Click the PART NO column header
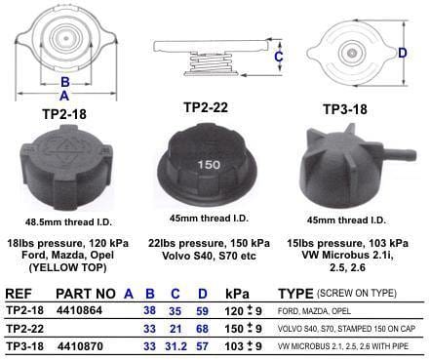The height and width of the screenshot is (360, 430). [x=88, y=292]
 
